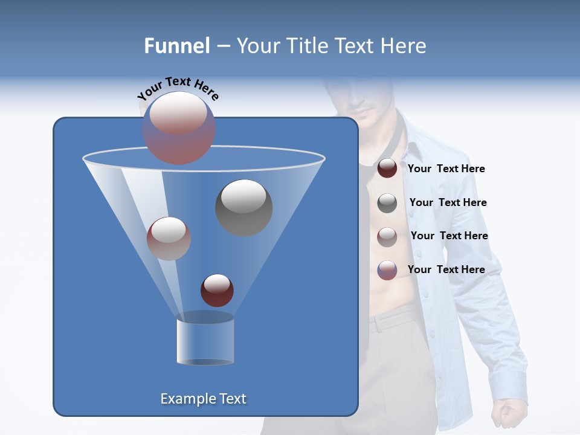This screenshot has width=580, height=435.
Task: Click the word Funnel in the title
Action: [176, 46]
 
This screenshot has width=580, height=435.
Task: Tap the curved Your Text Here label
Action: [178, 89]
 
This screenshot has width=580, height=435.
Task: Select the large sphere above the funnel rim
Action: [179, 128]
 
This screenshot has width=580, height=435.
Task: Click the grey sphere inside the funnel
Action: [243, 207]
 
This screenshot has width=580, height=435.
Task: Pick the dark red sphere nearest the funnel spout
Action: [217, 290]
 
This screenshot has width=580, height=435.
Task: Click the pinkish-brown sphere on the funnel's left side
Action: [169, 238]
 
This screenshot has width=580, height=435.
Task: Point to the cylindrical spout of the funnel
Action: [205, 341]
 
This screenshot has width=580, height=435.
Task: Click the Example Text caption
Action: [204, 399]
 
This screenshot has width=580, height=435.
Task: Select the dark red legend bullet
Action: [387, 169]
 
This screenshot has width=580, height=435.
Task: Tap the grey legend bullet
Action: [387, 202]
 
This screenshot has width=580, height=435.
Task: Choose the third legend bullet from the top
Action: [387, 236]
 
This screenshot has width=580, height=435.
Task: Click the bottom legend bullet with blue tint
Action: [387, 269]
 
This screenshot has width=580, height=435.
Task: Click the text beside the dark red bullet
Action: [446, 169]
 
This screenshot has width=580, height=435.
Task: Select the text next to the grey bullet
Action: [448, 202]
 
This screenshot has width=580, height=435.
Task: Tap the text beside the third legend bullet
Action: [449, 236]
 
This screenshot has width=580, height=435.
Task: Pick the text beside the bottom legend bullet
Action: [446, 269]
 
